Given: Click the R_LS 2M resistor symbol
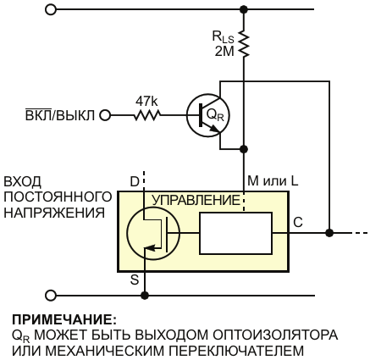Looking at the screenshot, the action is point(244,43).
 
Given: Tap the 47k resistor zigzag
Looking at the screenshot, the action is point(147,115).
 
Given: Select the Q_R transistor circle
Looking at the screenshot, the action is point(208,116).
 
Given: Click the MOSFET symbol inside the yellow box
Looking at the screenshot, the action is point(152,233).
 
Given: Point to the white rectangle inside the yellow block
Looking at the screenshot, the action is point(236,233).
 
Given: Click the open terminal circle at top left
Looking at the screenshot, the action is point(51,9).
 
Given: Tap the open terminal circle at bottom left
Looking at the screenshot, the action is point(51,296).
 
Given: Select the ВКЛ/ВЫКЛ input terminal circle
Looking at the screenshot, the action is point(105,115).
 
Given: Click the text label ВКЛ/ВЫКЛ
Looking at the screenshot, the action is point(59,115).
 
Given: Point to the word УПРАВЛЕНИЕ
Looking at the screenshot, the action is point(196,200).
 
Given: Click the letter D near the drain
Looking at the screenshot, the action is point(135,181).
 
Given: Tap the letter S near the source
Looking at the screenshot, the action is point(135,280).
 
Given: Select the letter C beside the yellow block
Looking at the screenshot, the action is point(298,222).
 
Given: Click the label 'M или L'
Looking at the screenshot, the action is point(273,180).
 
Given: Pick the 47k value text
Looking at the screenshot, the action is point(146,101).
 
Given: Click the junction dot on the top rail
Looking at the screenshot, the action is point(244,9).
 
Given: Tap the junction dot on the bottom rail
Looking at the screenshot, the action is point(145,296).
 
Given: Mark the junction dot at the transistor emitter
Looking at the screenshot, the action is point(244,149).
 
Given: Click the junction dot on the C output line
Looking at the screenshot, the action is point(329,233).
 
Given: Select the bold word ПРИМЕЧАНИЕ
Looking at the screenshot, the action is point(64,320).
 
